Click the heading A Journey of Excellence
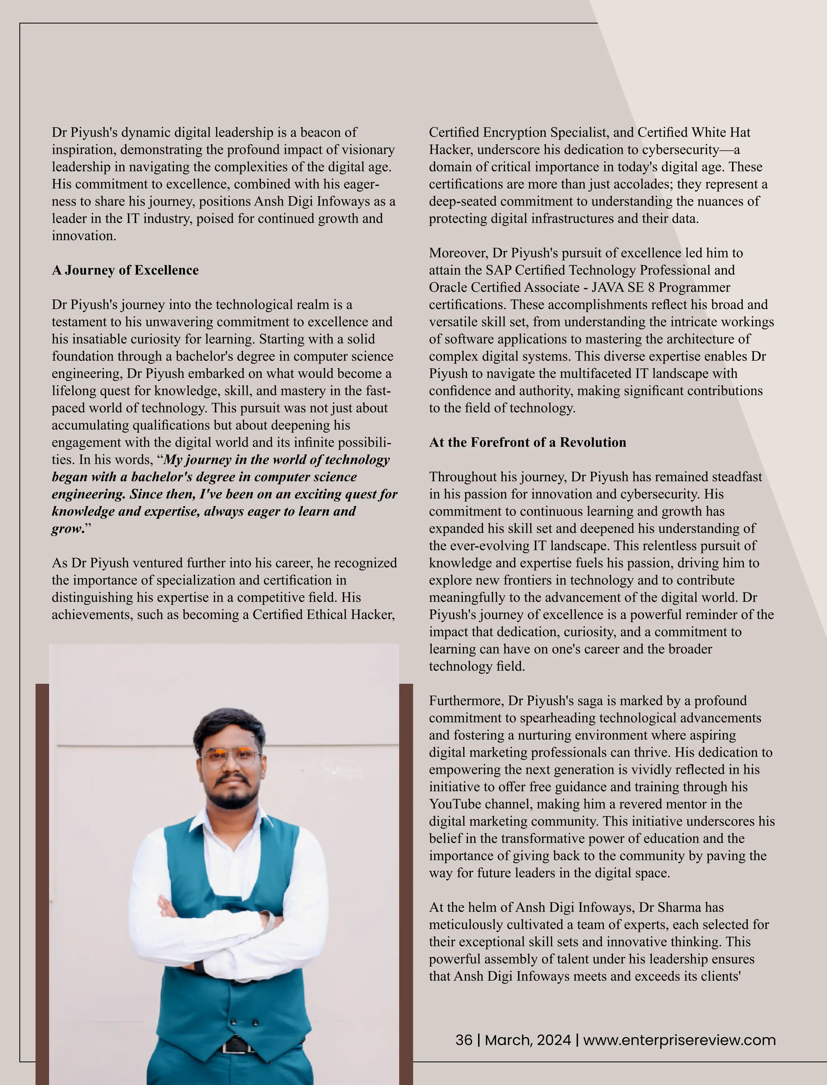[x=125, y=270]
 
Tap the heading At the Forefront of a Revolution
[x=527, y=442]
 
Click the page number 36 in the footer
[x=464, y=1040]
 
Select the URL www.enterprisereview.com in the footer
[x=679, y=1040]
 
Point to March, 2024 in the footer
[x=528, y=1040]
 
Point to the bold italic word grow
[x=67, y=529]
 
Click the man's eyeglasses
[x=231, y=757]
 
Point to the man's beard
[x=231, y=797]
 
